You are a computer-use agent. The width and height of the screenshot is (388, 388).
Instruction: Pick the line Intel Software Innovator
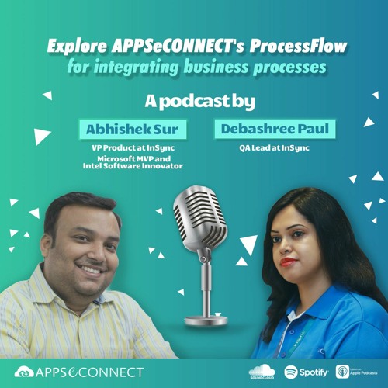click(x=132, y=167)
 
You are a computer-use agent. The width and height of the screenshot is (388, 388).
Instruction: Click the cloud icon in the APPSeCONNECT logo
click(x=24, y=372)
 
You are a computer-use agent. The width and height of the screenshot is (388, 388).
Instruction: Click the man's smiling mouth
click(x=90, y=271)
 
